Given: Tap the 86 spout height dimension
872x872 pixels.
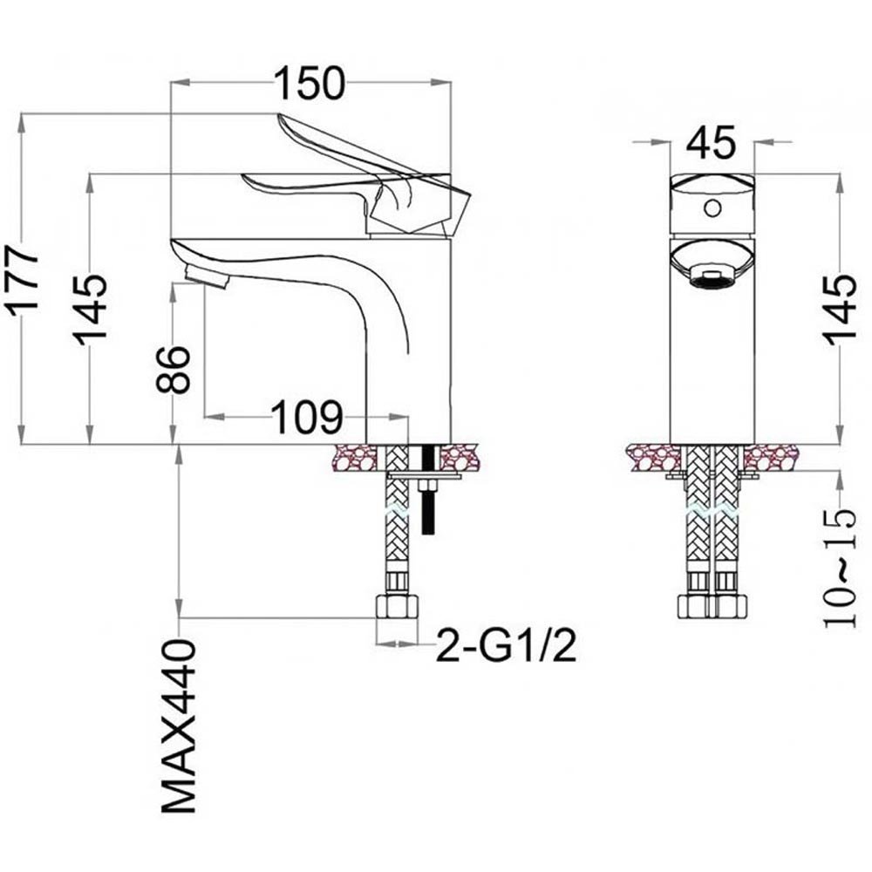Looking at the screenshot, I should coord(175,370).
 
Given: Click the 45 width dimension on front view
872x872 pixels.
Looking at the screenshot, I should coord(711,142).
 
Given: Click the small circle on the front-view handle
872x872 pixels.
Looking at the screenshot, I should coord(712,208).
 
